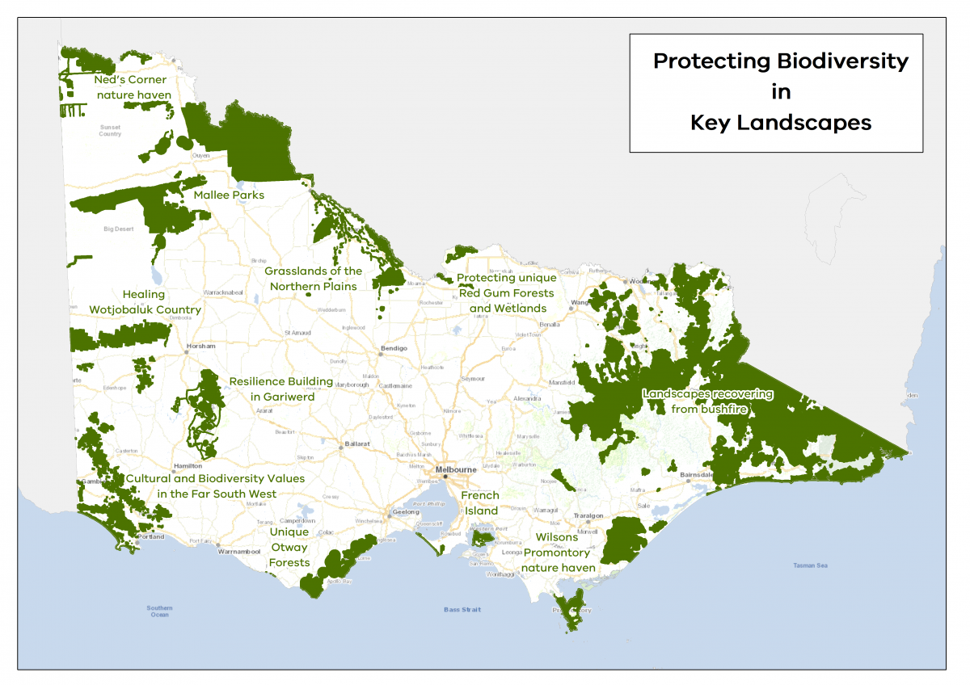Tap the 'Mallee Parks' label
coord(229,195)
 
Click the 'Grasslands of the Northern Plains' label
coord(314,279)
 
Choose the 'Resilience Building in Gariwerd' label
coord(280,389)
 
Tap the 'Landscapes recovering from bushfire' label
coord(708,401)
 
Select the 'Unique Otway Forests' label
coord(289,547)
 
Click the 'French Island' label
coord(480,502)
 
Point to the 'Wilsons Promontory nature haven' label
coord(558,553)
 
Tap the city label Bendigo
coord(394,348)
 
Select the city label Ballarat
coord(356,443)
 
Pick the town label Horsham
coord(201,346)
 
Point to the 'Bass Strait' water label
coord(462,610)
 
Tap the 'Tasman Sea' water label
coord(810,565)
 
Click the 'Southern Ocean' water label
coord(159,611)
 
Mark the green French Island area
coord(483,539)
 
